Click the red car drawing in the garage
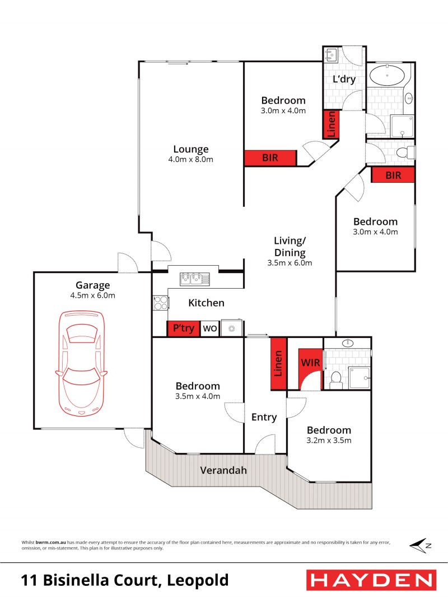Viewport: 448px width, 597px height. [x=81, y=364]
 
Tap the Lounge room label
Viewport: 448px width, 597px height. [x=191, y=149]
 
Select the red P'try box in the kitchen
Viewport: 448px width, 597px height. [x=183, y=328]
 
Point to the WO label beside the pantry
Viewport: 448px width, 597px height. [x=210, y=328]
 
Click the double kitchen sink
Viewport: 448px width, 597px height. [x=195, y=279]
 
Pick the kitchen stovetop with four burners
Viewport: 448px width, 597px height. [x=161, y=303]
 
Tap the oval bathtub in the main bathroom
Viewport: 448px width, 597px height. [x=387, y=75]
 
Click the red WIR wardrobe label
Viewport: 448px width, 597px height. [x=311, y=363]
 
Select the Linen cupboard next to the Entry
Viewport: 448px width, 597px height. [x=278, y=364]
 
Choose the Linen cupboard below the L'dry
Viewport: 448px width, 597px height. [x=332, y=124]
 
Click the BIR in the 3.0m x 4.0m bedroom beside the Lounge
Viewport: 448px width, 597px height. [x=270, y=158]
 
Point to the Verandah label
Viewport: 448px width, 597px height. [x=223, y=470]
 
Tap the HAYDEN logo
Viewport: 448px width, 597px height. [x=371, y=580]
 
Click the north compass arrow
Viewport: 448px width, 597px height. [x=420, y=545]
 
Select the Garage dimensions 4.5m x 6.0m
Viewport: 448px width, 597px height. [x=93, y=295]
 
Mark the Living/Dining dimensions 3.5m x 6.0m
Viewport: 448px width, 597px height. [x=290, y=263]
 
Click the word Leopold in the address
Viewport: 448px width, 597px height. [x=198, y=581]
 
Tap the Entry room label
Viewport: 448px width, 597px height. [x=264, y=417]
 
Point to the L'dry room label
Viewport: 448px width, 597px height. [x=344, y=79]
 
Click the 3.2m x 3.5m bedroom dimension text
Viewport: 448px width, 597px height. [x=329, y=441]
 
